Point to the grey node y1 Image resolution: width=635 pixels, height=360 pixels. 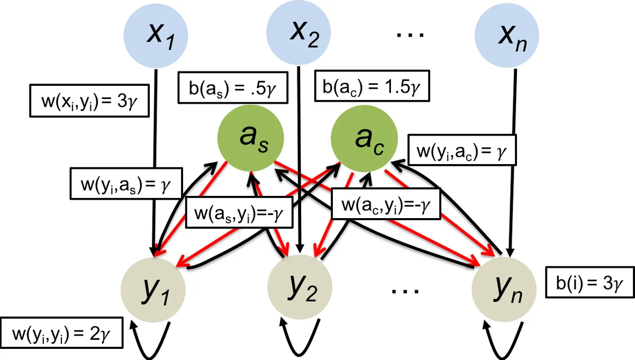coord(154,289)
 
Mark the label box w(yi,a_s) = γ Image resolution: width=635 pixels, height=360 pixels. coord(126,184)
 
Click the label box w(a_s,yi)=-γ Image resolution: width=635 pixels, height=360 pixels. coord(240,214)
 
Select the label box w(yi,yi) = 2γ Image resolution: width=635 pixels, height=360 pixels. coord(62,332)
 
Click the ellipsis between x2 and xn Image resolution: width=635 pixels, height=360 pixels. coord(409,35)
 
